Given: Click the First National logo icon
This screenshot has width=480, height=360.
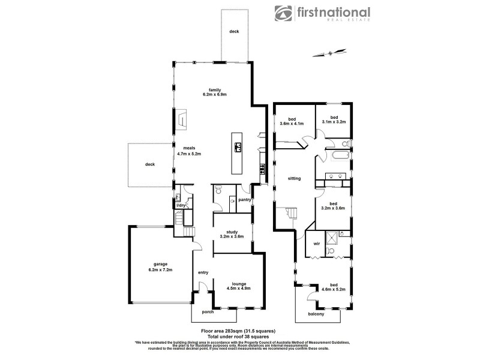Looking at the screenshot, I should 284,14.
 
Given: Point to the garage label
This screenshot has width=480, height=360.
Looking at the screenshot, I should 160,267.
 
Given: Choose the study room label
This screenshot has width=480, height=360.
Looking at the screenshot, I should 232,234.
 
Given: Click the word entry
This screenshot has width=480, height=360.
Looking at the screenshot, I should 203,273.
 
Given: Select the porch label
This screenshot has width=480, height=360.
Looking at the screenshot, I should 208,311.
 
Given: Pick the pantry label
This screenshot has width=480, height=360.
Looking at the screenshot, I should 244,199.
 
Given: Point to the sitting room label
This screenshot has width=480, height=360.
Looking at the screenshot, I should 294,178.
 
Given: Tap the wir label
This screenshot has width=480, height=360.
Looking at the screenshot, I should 316,244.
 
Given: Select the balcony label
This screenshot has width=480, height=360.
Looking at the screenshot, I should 316,314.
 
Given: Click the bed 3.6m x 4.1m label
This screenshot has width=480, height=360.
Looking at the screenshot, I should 292,120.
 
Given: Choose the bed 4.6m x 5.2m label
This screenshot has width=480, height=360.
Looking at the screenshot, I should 334,287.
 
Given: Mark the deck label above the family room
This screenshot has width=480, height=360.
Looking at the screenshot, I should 234,31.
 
